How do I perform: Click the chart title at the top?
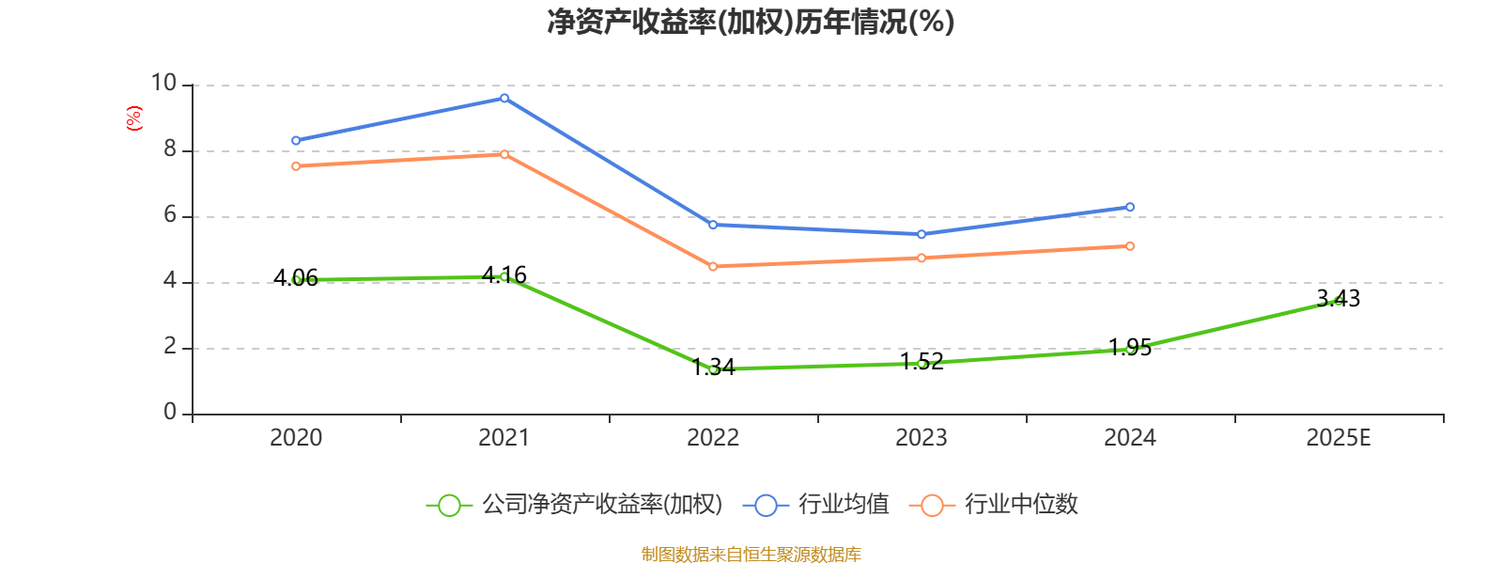751,22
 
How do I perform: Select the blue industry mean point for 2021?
504,98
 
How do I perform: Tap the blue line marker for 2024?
1130,207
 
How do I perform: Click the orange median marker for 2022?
713,267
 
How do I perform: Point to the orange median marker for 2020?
296,166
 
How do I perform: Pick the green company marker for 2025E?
1338,300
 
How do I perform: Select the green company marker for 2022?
713,369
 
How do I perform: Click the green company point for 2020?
296,279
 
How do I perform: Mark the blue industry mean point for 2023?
922,234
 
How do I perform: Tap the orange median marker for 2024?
1130,246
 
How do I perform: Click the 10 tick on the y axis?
163,84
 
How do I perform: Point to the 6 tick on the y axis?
170,215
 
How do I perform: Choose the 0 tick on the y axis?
170,413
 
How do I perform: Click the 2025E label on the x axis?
1338,438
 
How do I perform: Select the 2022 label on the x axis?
713,438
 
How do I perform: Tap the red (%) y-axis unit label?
134,118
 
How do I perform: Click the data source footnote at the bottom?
751,555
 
